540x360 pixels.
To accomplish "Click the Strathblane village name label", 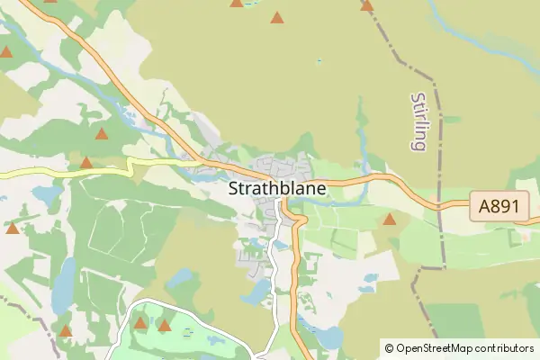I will (x=276, y=190).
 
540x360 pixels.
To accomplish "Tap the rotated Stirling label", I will (x=417, y=121).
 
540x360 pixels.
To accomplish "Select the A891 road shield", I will (x=498, y=207).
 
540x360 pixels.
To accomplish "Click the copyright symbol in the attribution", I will (x=389, y=347).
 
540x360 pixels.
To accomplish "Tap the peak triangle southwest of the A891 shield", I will (x=390, y=219).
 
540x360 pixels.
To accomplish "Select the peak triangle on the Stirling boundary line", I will (x=366, y=5).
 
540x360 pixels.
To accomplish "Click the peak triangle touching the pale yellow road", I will (x=86, y=163).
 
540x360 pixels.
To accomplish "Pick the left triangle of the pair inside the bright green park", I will (x=140, y=322).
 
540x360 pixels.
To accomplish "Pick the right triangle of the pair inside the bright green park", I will (x=164, y=325).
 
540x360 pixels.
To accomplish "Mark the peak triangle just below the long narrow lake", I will (x=66, y=331).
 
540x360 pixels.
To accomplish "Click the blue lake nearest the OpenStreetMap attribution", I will (x=331, y=337).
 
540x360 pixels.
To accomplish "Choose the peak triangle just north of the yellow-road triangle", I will (x=101, y=134).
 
